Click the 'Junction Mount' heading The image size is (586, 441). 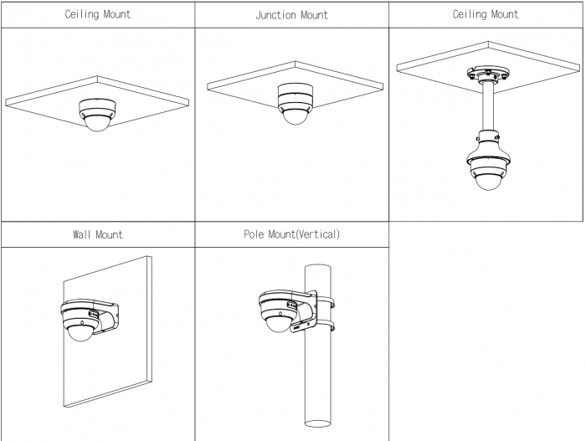[291, 15]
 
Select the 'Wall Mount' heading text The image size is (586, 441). [97, 234]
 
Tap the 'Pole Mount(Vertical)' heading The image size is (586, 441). [291, 234]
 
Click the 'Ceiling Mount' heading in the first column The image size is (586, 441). [97, 15]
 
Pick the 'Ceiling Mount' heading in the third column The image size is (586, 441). [486, 14]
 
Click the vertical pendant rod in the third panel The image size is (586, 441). [485, 107]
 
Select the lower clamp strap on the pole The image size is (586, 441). [323, 326]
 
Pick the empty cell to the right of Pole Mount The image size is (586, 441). [486, 331]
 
